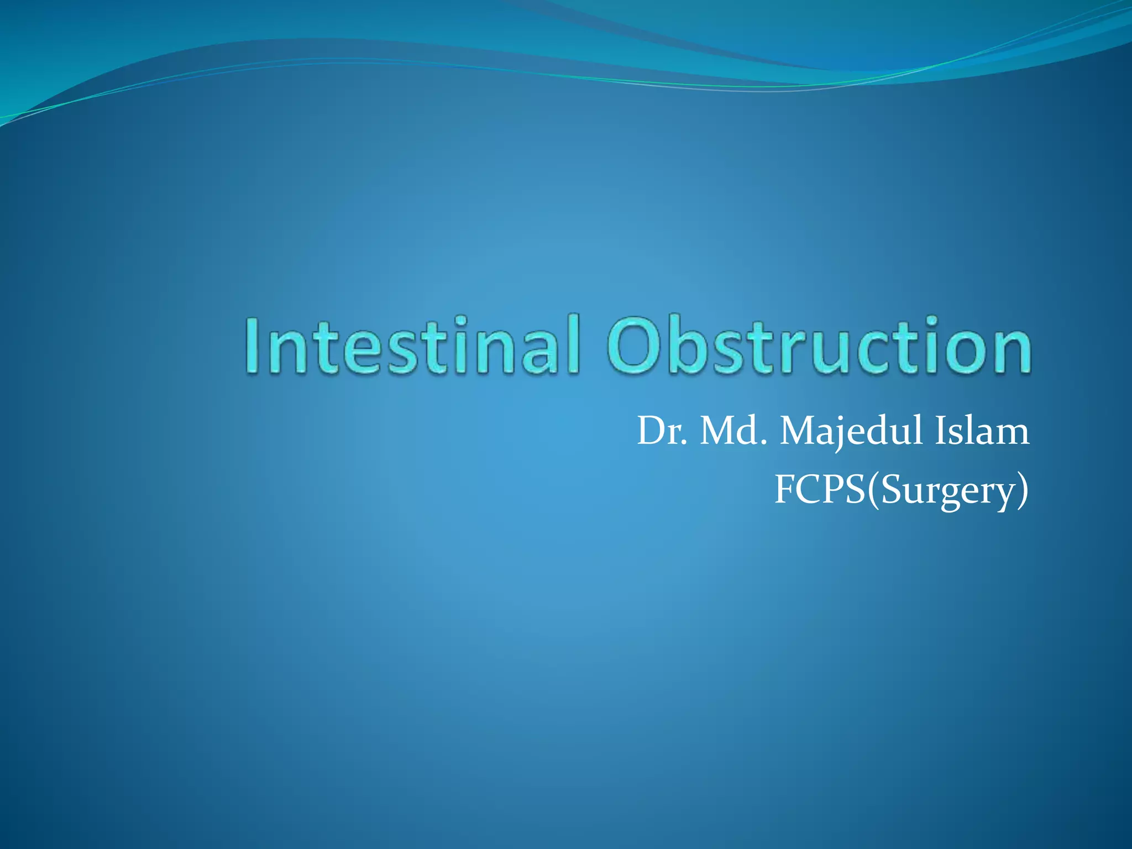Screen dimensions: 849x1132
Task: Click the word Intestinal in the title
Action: (x=412, y=345)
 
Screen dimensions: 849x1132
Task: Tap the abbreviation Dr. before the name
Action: (x=663, y=432)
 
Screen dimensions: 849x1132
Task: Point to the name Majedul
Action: (x=851, y=432)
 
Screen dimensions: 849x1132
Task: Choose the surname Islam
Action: (x=982, y=432)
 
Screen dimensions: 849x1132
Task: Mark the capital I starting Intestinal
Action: (x=253, y=345)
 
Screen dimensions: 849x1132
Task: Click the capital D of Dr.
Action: (x=650, y=432)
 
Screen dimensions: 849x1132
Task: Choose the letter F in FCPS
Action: (x=784, y=490)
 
